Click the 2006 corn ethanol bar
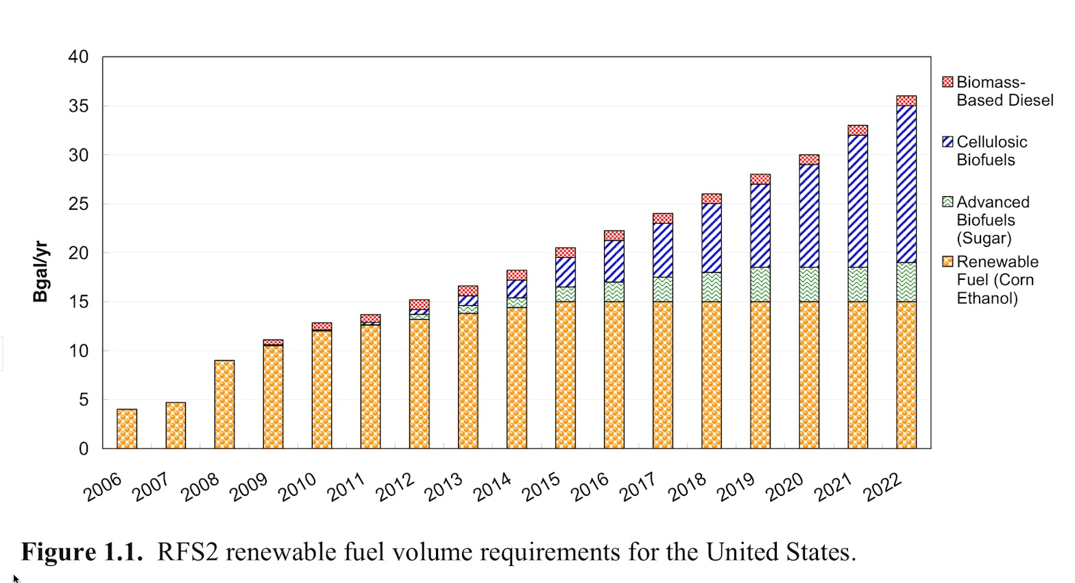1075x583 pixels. [127, 429]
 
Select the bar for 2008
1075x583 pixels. [224, 405]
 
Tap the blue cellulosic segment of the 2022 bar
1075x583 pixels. [906, 184]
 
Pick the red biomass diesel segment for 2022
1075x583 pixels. [906, 101]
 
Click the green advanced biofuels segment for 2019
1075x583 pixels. [760, 284]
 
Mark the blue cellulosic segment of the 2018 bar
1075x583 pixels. [712, 238]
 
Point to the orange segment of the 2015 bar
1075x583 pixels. [566, 374]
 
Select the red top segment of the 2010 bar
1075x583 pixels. [322, 326]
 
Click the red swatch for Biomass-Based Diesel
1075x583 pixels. [947, 82]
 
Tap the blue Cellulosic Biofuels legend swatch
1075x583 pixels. [947, 142]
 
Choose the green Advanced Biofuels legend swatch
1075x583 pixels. [947, 202]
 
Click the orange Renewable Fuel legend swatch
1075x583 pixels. [947, 261]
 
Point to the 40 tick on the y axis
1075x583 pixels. [78, 57]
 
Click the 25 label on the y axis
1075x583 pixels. [78, 204]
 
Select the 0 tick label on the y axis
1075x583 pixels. [84, 449]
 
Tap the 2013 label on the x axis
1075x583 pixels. [443, 488]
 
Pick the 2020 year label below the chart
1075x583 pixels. [784, 488]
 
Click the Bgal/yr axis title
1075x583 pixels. [40, 272]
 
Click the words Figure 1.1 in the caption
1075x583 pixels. [82, 552]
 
